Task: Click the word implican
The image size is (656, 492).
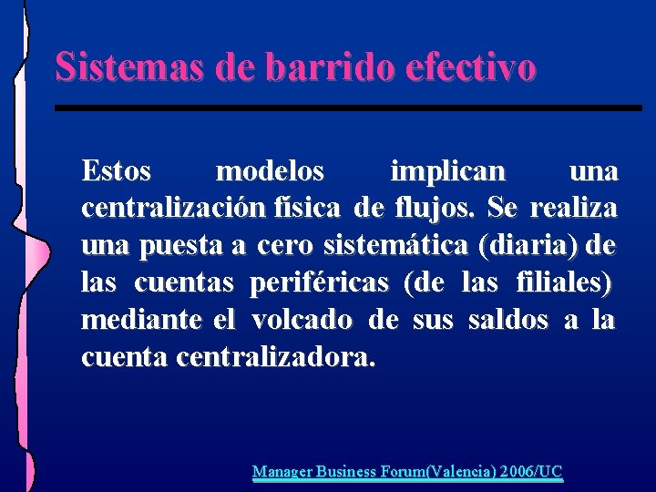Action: [x=446, y=171]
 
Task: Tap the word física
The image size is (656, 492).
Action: [x=308, y=209]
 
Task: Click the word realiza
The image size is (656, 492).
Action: [x=573, y=209]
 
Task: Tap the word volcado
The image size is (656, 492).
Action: [x=302, y=321]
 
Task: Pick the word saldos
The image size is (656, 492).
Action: [x=507, y=321]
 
